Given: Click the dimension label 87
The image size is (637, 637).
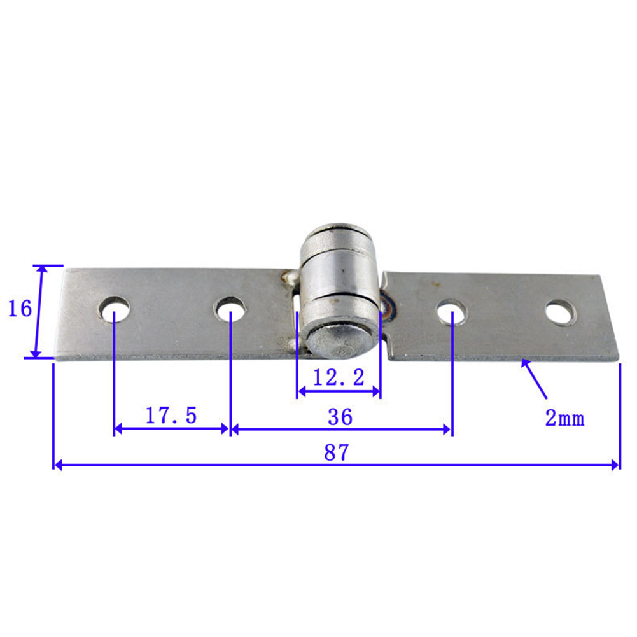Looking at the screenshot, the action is (x=337, y=452).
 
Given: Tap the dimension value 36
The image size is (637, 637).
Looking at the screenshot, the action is (x=340, y=417).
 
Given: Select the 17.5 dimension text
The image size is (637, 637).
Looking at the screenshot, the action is (x=171, y=415).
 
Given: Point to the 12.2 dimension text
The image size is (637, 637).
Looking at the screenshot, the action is (x=339, y=377).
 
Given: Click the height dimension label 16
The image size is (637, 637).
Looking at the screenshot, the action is (x=20, y=309).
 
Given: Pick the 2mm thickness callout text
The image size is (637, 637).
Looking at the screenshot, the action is (x=564, y=417).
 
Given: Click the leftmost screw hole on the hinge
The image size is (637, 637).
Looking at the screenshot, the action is (x=115, y=309).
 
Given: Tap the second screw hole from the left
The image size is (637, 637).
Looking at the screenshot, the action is (x=230, y=309).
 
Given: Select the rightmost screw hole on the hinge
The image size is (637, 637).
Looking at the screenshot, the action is (x=561, y=312).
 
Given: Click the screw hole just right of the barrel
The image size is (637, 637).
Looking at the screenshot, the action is (x=452, y=312).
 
